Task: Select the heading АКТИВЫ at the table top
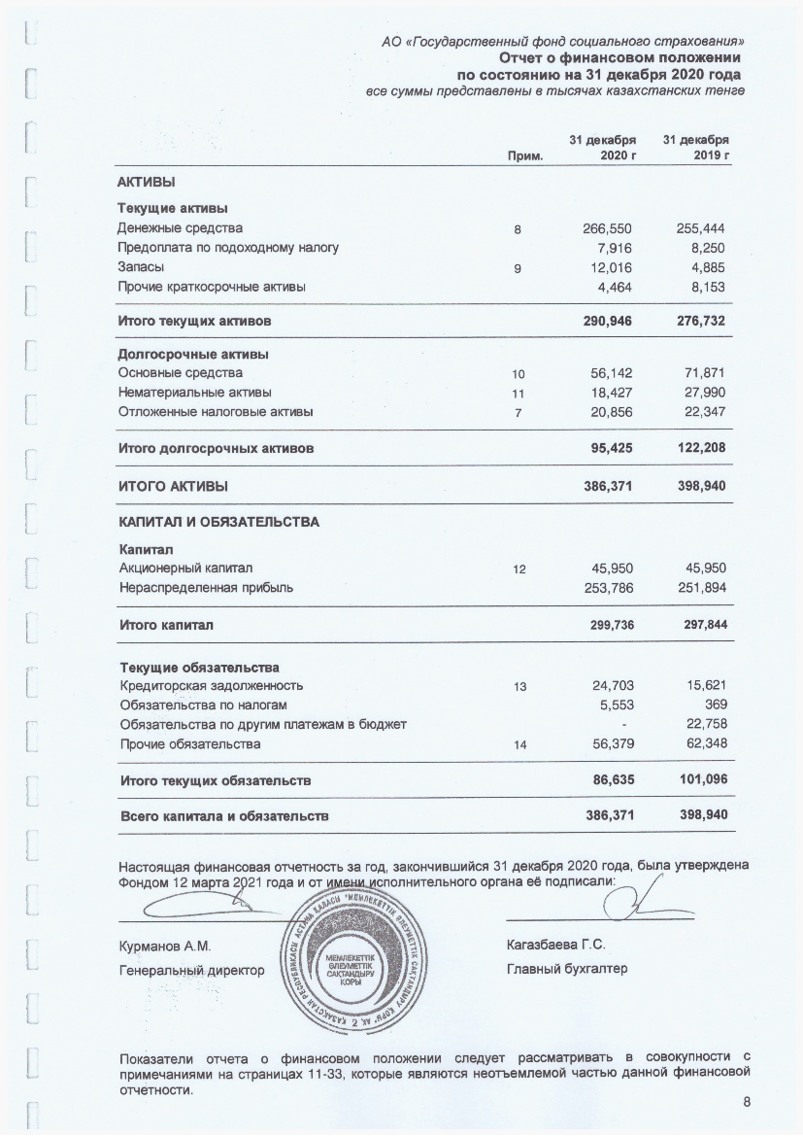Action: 147,182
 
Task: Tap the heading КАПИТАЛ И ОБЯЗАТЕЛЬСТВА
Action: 218,522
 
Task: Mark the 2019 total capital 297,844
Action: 705,625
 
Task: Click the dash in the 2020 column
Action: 624,725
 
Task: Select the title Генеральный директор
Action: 191,969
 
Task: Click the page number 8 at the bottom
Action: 746,1101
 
